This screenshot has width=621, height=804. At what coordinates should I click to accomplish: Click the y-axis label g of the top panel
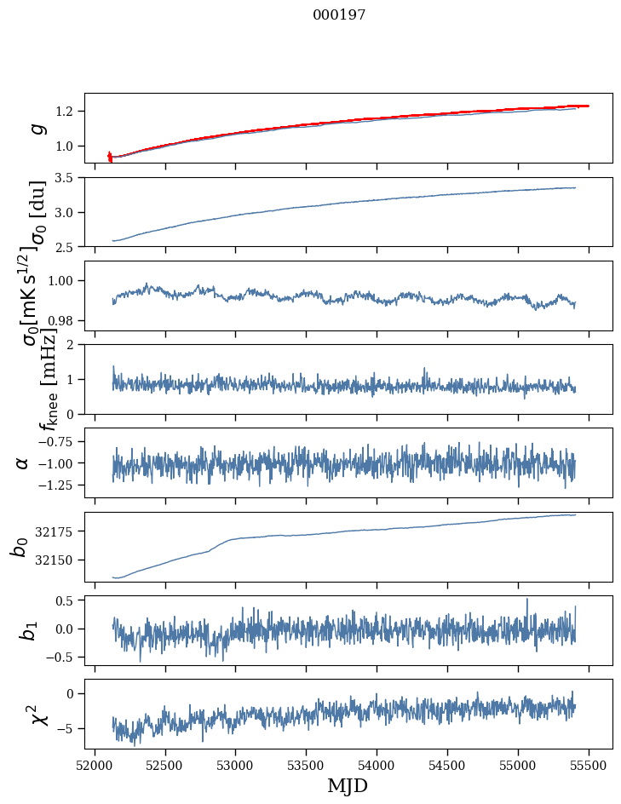click(36, 128)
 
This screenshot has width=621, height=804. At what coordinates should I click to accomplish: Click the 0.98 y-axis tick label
click(63, 320)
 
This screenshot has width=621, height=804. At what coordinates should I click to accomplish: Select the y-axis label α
click(22, 462)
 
